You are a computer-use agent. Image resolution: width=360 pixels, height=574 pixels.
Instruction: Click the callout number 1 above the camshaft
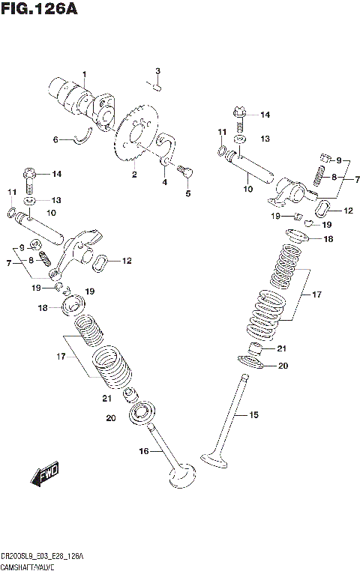click(x=85, y=73)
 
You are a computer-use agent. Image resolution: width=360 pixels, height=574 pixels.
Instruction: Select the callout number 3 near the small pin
click(x=158, y=71)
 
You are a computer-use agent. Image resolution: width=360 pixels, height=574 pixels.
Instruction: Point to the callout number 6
click(x=54, y=139)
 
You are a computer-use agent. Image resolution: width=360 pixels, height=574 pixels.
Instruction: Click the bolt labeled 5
click(x=187, y=172)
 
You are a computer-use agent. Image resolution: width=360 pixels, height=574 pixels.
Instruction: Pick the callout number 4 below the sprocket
click(x=164, y=182)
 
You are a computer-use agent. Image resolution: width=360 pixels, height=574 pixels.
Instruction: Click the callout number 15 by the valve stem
click(x=253, y=414)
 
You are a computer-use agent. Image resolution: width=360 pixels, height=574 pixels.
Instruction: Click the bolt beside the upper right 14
click(x=238, y=115)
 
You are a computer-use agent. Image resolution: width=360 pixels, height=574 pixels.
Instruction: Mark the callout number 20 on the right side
click(x=282, y=366)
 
